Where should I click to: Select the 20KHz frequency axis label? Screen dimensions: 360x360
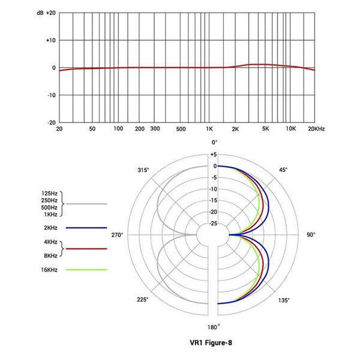[316, 129]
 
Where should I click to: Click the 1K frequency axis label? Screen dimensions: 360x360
[209, 129]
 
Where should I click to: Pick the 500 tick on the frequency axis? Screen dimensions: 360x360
[181, 129]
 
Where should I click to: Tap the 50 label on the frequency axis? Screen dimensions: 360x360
[92, 129]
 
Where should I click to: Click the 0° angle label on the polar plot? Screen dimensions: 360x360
[214, 142]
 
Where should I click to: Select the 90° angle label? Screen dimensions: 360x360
[311, 235]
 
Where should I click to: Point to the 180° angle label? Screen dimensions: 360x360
[214, 327]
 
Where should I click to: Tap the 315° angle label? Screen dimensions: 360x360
[143, 170]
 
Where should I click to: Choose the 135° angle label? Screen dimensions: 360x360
[283, 300]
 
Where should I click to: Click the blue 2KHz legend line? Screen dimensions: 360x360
[86, 228]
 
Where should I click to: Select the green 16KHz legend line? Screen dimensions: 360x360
[86, 270]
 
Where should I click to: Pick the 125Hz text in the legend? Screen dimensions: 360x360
[50, 193]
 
